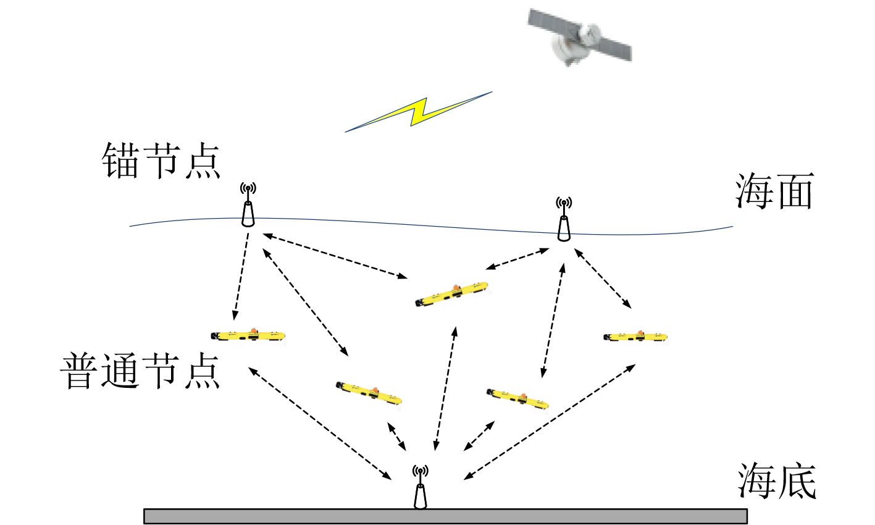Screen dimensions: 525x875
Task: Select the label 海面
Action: pyautogui.click(x=774, y=191)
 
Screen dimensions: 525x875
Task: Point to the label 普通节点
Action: pyautogui.click(x=141, y=371)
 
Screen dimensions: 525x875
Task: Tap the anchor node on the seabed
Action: pyautogui.click(x=420, y=489)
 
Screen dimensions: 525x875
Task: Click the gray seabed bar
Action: pyautogui.click(x=445, y=516)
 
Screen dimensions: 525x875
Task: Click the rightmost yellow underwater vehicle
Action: pyautogui.click(x=635, y=337)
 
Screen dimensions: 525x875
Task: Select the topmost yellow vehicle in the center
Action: pyautogui.click(x=453, y=294)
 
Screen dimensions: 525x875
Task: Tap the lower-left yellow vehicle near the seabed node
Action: pyautogui.click(x=369, y=392)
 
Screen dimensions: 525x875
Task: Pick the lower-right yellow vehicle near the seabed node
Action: pyautogui.click(x=517, y=399)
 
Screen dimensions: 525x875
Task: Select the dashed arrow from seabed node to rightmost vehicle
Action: pyautogui.click(x=550, y=421)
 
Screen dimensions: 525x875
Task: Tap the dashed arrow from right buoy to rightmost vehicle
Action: pyautogui.click(x=603, y=278)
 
